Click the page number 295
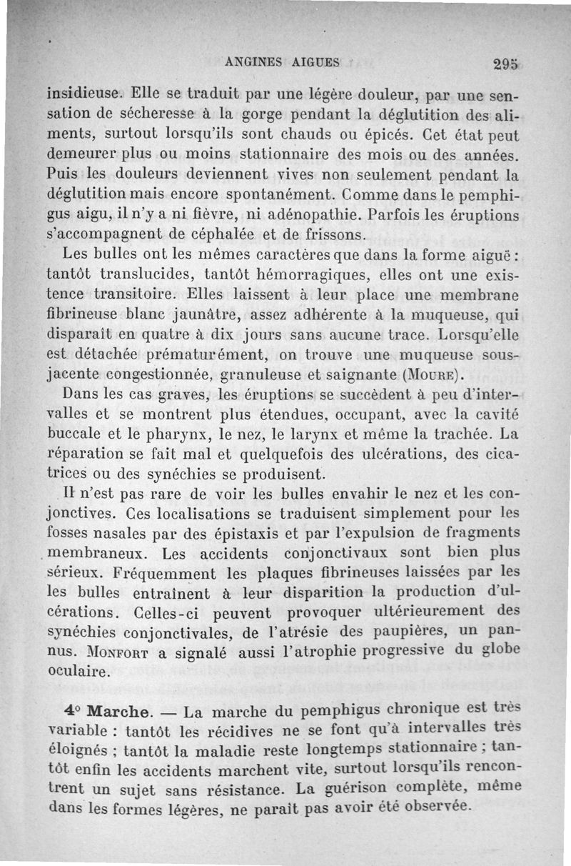coord(506,64)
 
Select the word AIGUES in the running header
coord(315,61)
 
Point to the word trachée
coord(460,434)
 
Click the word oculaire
coord(78,672)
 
